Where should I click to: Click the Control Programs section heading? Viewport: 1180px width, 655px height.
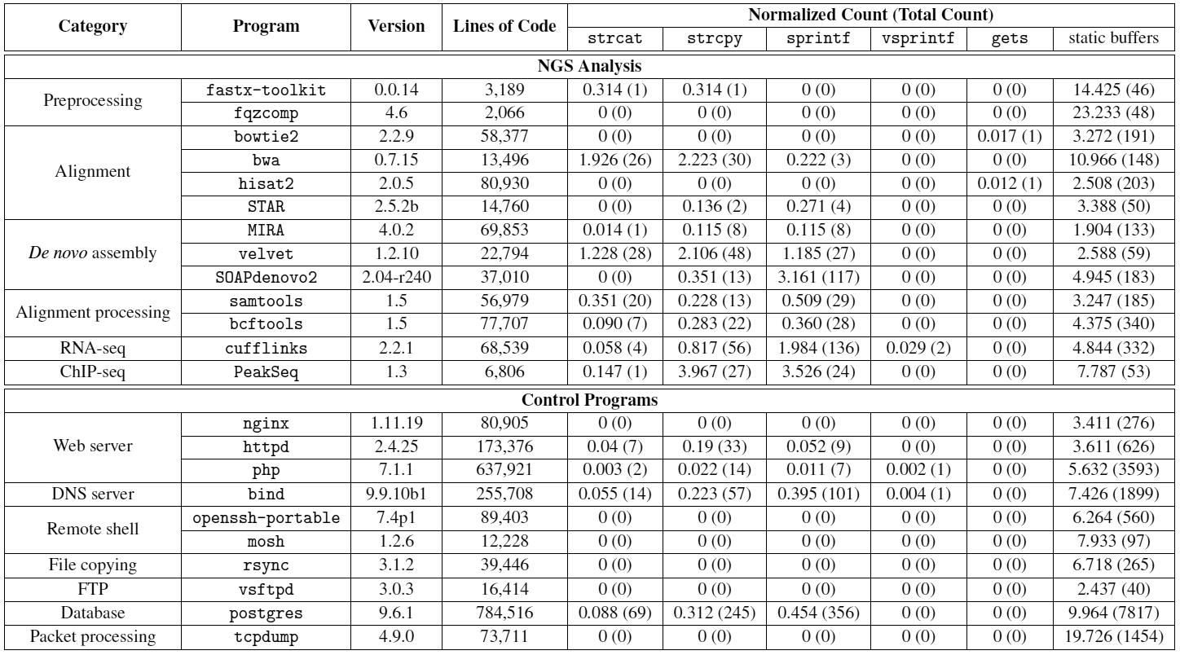click(590, 400)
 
